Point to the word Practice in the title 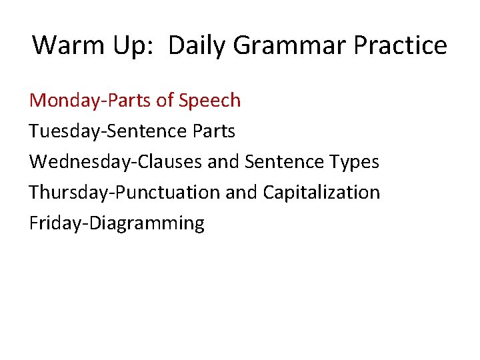[x=401, y=45]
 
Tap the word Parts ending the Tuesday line [x=213, y=131]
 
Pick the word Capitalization [x=321, y=193]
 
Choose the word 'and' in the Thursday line [x=241, y=193]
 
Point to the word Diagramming [x=147, y=223]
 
